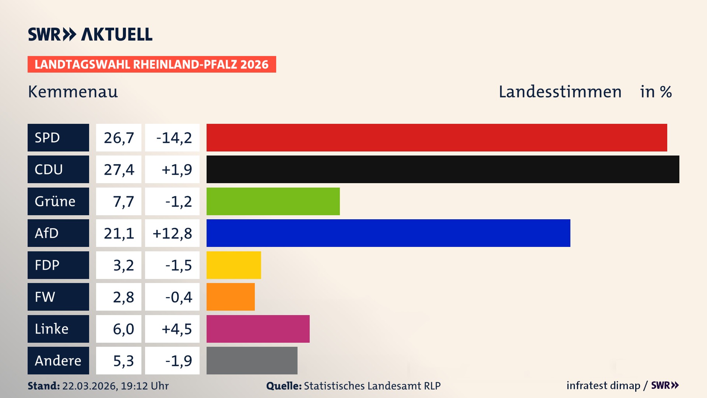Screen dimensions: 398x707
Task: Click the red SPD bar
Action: (x=437, y=137)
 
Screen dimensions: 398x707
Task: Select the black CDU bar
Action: (x=443, y=169)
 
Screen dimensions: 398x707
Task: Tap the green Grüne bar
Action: (x=273, y=201)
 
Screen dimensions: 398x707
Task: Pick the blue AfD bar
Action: (x=388, y=233)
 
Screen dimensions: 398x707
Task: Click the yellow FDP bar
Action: (x=233, y=265)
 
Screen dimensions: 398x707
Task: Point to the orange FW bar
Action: (x=231, y=297)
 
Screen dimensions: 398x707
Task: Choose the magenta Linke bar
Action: (x=258, y=329)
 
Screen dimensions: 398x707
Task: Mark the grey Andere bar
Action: (x=252, y=360)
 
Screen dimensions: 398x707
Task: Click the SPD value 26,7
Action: (x=119, y=138)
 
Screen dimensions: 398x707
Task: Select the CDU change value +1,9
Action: (x=176, y=170)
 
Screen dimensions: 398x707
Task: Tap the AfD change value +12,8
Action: (x=172, y=233)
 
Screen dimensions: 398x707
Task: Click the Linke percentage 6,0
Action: (x=123, y=329)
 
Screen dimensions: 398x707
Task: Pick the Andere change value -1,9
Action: (x=178, y=361)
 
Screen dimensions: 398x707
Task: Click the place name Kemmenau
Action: (x=73, y=92)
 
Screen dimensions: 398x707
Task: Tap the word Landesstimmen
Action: (x=560, y=92)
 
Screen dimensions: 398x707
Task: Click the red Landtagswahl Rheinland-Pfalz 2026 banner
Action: (x=152, y=64)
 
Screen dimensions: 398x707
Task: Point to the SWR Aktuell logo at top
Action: (x=90, y=34)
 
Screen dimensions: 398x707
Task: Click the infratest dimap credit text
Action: (x=603, y=385)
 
